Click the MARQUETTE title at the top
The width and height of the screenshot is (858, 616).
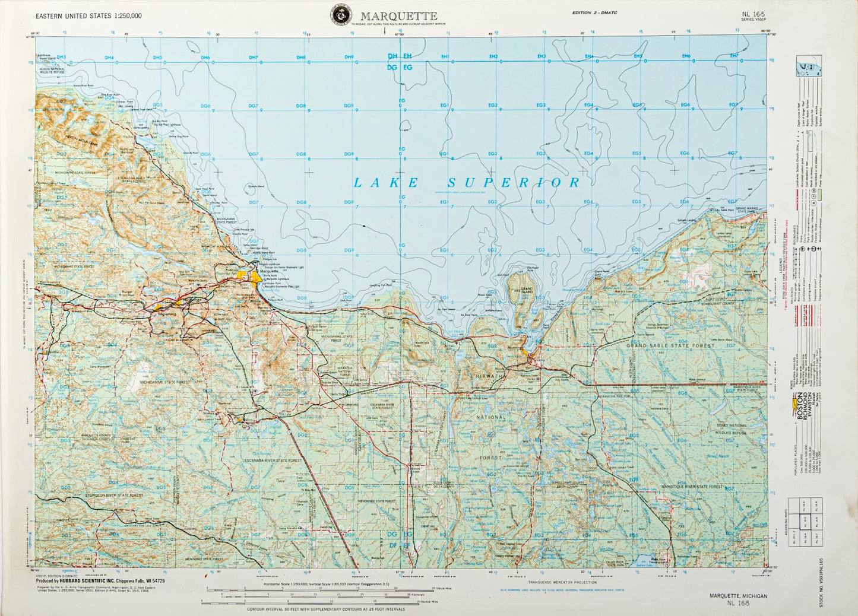click(398, 17)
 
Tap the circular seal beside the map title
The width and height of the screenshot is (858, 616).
click(341, 15)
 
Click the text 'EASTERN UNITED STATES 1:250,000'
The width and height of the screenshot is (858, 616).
click(88, 17)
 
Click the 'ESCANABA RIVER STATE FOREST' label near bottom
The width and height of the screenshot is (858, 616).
click(273, 461)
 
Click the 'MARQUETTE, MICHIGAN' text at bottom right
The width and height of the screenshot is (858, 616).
click(737, 596)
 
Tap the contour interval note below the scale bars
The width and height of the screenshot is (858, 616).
click(326, 609)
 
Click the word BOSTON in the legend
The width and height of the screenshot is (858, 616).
click(799, 408)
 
